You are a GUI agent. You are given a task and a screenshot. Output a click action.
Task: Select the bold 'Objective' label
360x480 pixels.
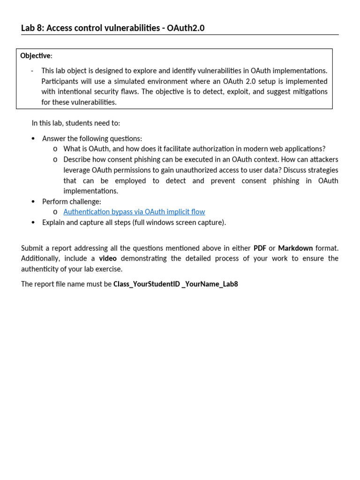point(35,56)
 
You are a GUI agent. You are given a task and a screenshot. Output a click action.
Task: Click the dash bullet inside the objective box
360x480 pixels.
point(32,71)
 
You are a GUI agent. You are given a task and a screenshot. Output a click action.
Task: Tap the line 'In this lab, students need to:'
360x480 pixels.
point(75,123)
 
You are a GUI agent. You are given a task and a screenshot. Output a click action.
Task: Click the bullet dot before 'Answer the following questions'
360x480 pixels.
point(33,139)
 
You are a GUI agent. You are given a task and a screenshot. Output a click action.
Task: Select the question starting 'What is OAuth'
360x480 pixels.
point(194,149)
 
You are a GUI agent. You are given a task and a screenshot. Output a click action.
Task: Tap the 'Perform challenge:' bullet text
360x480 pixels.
point(71,202)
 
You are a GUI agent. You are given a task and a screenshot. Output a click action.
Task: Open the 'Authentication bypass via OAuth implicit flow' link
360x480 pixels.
point(134,212)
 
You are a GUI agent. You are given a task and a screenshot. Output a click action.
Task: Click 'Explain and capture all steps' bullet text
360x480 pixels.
point(134,223)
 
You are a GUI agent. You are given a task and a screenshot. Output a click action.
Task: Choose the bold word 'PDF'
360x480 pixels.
point(260,248)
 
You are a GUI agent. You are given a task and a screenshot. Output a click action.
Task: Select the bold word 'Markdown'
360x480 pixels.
point(295,248)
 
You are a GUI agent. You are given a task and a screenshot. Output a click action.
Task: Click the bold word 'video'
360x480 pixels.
point(108,258)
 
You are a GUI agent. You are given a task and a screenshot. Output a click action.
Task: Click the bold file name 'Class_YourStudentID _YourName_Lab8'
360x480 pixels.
point(175,284)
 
